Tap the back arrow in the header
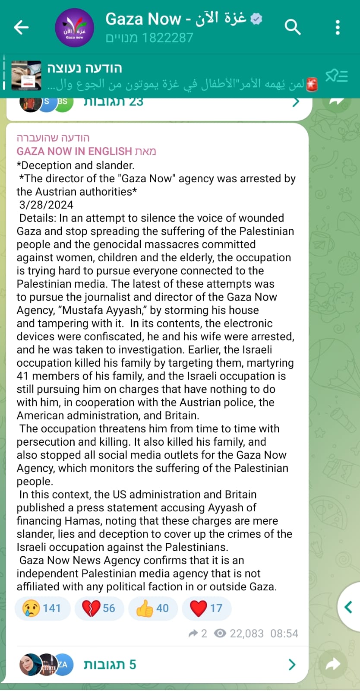21,27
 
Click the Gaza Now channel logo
74,27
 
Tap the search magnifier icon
292,27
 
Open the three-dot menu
338,27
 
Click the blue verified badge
256,19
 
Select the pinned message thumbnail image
26,76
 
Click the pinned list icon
336,76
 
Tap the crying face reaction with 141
42,608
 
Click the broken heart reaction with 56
99,608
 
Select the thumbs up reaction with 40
153,608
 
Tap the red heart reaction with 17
207,608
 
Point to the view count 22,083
246,634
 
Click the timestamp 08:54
284,634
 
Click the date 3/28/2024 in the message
46,205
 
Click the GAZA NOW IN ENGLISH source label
74,151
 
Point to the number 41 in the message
22,376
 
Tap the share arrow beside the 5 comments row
333,664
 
